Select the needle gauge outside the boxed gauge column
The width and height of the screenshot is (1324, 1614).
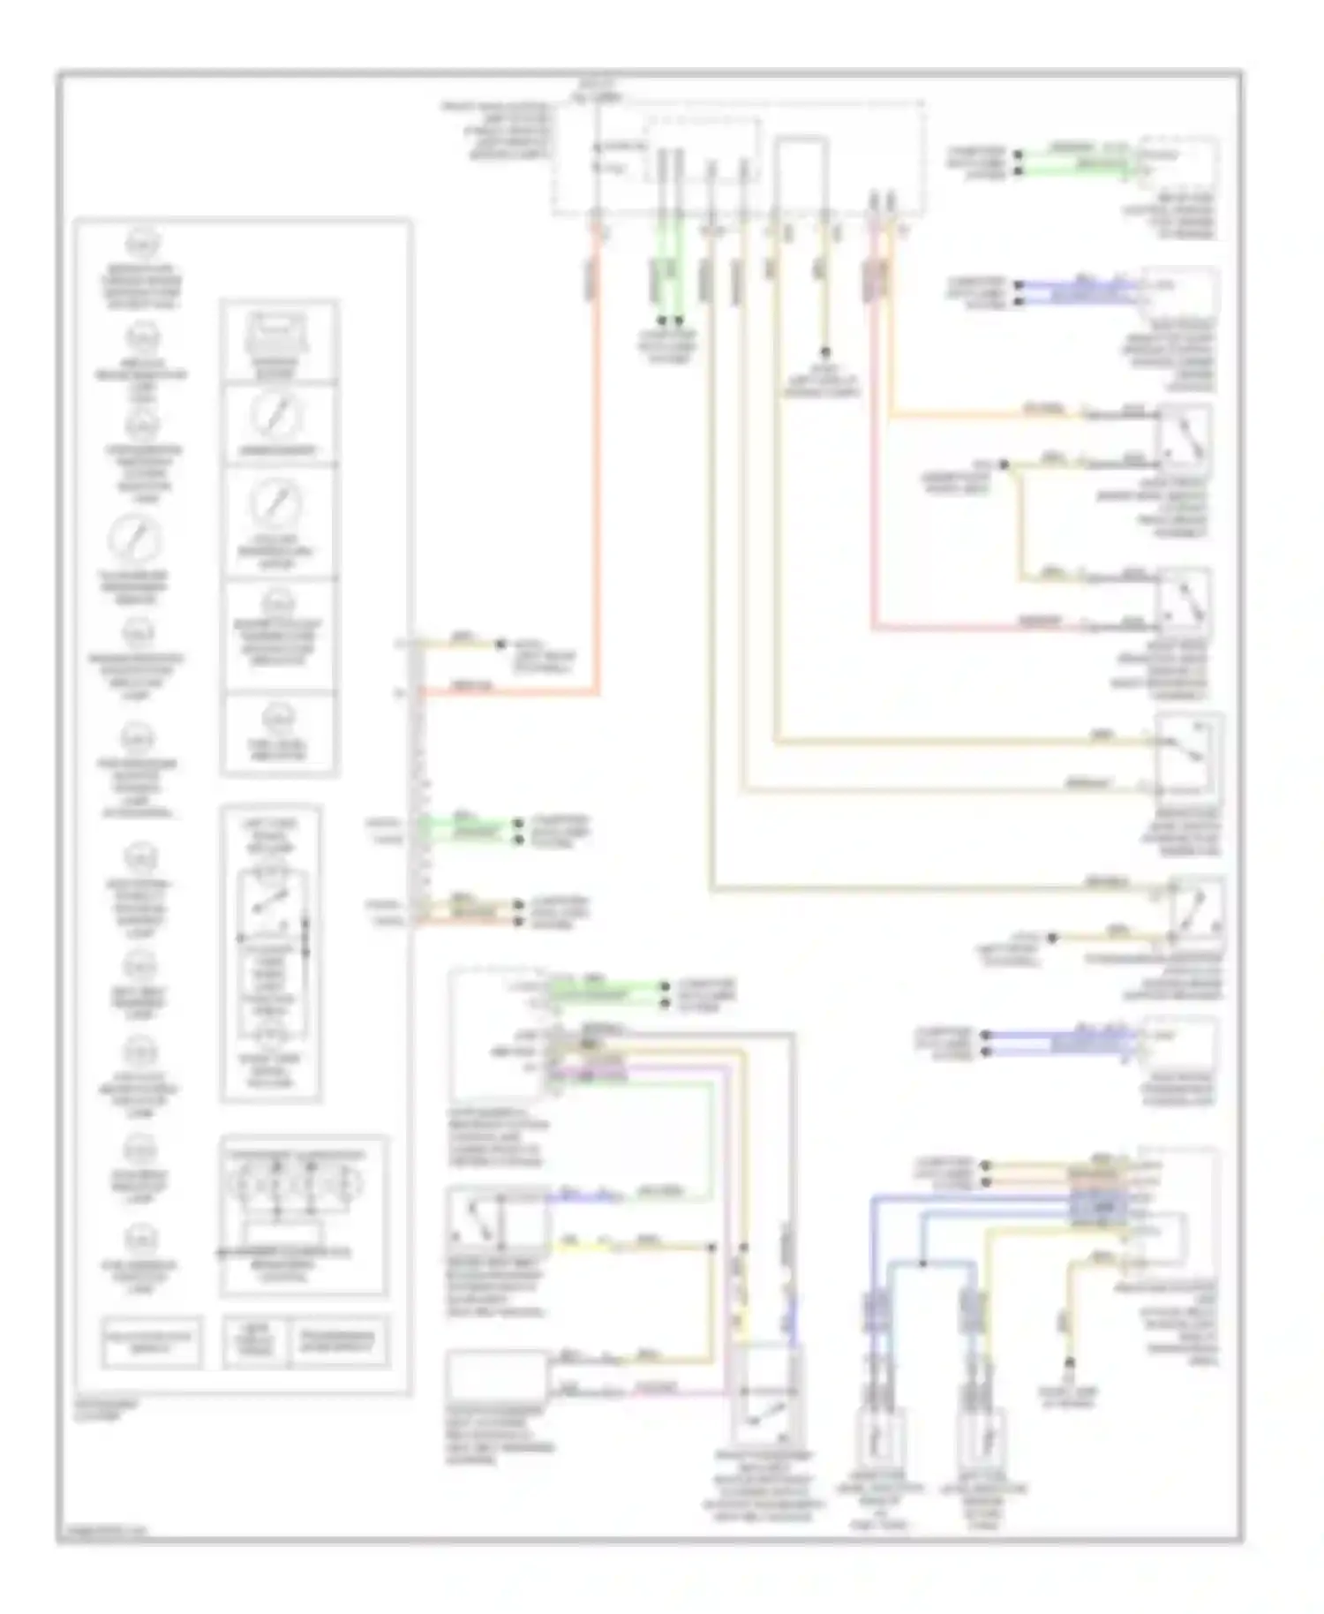[138, 538]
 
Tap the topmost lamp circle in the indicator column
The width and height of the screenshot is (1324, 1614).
[141, 241]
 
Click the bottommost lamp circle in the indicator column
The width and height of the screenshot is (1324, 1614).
[139, 1239]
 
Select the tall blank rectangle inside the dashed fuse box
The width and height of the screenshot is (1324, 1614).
[801, 174]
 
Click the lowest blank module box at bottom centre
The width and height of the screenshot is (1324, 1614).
[496, 1374]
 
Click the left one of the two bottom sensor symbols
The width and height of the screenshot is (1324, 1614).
[879, 1435]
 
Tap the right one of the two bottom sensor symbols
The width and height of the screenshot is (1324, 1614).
[981, 1435]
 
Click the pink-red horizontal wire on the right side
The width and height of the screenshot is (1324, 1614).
[971, 630]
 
